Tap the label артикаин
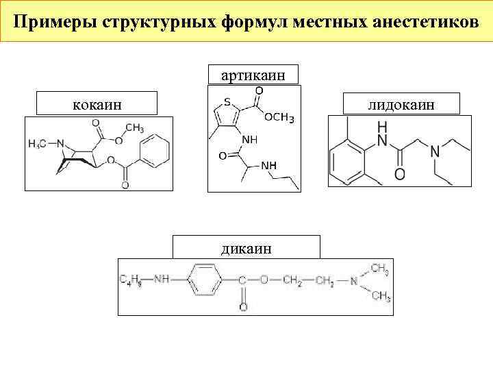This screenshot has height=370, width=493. (x=253, y=74)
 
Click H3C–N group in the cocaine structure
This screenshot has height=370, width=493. (x=47, y=144)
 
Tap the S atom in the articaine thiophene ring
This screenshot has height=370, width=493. (x=218, y=104)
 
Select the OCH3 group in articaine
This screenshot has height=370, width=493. (x=279, y=119)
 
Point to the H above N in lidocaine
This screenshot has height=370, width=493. (x=381, y=127)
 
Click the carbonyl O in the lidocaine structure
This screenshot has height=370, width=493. (x=399, y=175)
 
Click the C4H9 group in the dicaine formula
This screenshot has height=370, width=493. (x=131, y=280)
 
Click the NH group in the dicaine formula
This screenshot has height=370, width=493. (x=162, y=280)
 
